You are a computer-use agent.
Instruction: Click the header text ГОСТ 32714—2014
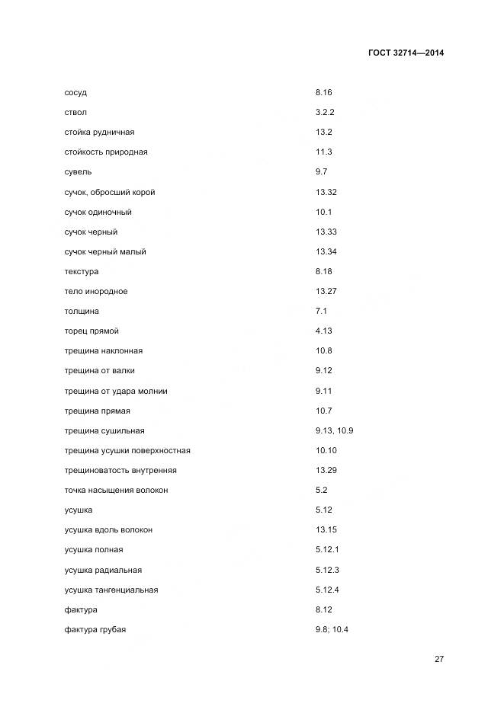click(x=406, y=53)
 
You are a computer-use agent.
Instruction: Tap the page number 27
click(x=439, y=659)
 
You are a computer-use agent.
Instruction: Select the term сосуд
click(x=75, y=92)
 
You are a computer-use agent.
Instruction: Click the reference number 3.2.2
click(x=325, y=112)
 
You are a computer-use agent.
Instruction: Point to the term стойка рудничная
click(x=99, y=132)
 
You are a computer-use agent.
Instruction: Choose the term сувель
click(x=78, y=172)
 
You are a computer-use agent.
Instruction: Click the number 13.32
click(x=326, y=192)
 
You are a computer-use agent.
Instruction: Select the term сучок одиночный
click(x=98, y=212)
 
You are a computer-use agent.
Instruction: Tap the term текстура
click(x=82, y=271)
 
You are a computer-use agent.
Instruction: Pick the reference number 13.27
click(x=326, y=291)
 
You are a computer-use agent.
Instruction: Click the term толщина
click(x=82, y=311)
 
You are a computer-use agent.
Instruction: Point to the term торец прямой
click(x=91, y=331)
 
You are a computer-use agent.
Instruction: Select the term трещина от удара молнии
click(x=116, y=391)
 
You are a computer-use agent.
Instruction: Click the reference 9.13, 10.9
click(x=334, y=430)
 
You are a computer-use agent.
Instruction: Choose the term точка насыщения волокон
click(x=116, y=490)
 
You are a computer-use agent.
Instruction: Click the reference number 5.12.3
click(x=327, y=570)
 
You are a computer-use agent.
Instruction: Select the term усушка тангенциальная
click(x=111, y=590)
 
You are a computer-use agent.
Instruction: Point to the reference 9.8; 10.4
click(x=332, y=629)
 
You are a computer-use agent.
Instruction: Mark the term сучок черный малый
click(x=105, y=251)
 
